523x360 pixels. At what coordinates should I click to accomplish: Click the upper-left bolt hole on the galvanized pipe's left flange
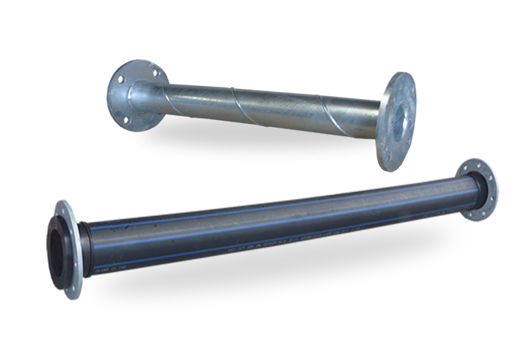pos(121,79)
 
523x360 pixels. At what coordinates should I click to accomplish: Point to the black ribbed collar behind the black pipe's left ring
pos(84,249)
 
